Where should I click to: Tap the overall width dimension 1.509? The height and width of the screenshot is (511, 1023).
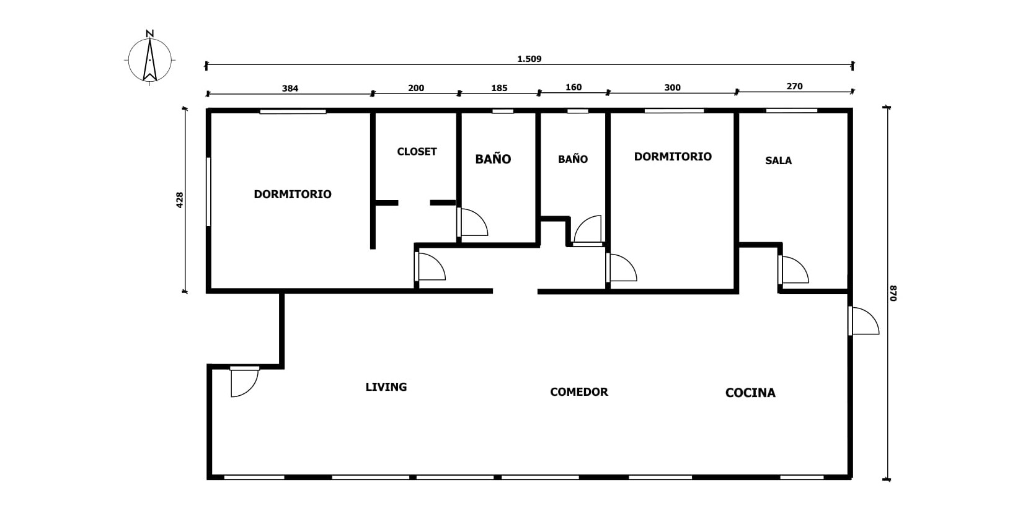(x=529, y=59)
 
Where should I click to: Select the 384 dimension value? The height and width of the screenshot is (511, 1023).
(x=290, y=88)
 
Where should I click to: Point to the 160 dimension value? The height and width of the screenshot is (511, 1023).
(x=573, y=87)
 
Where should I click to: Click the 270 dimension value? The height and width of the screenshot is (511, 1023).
(x=795, y=86)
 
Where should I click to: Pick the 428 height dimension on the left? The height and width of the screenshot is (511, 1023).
(x=179, y=200)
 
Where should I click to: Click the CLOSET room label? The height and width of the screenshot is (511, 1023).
(x=417, y=152)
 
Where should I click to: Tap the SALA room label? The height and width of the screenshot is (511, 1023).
(x=779, y=160)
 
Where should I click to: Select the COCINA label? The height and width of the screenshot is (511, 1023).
(x=750, y=393)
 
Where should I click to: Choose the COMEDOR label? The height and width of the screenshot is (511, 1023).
(x=579, y=392)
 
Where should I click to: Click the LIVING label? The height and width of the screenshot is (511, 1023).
(x=386, y=387)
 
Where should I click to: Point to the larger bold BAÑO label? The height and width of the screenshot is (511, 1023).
(x=494, y=159)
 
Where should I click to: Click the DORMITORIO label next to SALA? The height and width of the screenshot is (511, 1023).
(x=673, y=157)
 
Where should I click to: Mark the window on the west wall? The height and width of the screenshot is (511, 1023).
(x=208, y=191)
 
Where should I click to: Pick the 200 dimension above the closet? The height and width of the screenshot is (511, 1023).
(x=416, y=87)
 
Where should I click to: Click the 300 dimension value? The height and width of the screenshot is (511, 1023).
(x=672, y=87)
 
